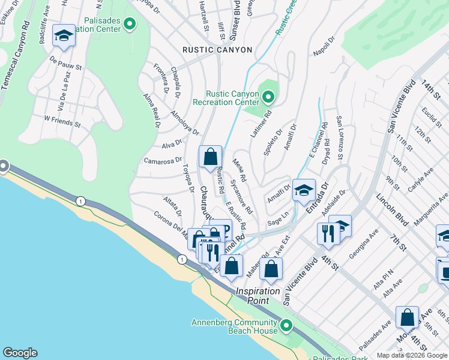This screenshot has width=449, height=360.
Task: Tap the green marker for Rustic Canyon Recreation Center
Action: [268, 96]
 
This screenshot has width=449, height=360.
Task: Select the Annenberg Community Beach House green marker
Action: [287, 326]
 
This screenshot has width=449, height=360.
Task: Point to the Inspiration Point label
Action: [258, 292]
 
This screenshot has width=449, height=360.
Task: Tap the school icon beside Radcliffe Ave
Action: [64, 36]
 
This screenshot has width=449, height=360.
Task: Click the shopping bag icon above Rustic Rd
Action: [210, 157]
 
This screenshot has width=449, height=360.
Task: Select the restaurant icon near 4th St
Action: [328, 233]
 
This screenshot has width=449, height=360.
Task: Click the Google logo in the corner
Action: [20, 353]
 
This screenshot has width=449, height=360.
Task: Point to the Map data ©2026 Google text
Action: [412, 355]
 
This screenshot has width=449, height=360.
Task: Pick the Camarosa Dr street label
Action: [163, 160]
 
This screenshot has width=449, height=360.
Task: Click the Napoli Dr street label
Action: [322, 47]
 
